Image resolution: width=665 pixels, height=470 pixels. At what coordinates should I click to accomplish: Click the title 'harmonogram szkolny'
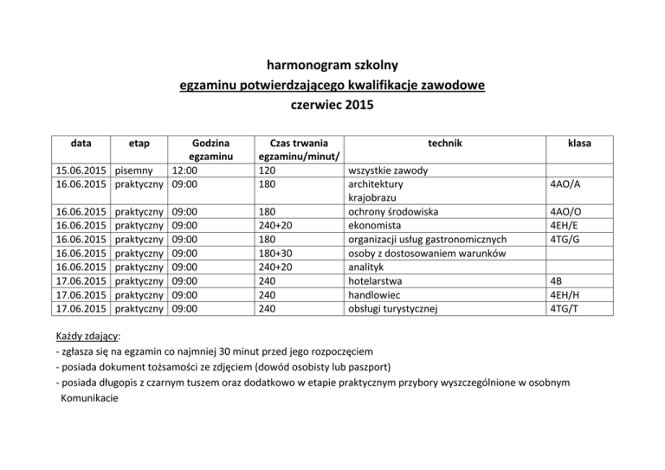pyautogui.click(x=332, y=64)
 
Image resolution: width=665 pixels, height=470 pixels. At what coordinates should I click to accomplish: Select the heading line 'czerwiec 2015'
pyautogui.click(x=332, y=106)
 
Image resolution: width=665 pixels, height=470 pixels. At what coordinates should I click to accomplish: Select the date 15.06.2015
pyautogui.click(x=81, y=171)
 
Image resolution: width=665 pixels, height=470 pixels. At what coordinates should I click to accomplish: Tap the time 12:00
pyautogui.click(x=189, y=171)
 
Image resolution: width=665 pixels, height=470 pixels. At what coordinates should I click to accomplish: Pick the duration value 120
pyautogui.click(x=270, y=171)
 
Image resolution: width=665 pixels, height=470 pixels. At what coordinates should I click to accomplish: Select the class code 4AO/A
pyautogui.click(x=565, y=184)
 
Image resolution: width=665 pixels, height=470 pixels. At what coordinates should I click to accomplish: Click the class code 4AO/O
pyautogui.click(x=565, y=212)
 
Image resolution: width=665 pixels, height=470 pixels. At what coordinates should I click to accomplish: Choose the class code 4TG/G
pyautogui.click(x=565, y=240)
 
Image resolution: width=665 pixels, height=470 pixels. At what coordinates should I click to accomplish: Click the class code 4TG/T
pyautogui.click(x=565, y=308)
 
